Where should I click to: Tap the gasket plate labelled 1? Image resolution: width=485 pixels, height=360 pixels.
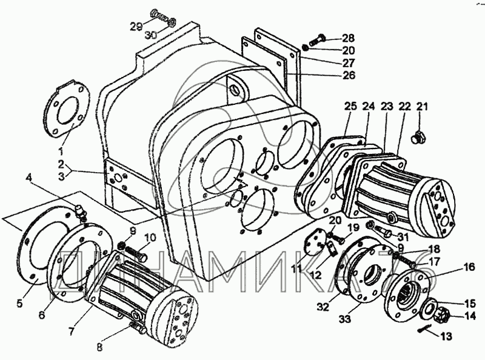67,110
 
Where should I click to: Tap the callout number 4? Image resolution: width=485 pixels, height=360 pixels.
30,178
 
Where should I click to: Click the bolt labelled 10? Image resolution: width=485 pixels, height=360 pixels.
138,257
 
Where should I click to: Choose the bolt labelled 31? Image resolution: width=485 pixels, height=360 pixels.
383,230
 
